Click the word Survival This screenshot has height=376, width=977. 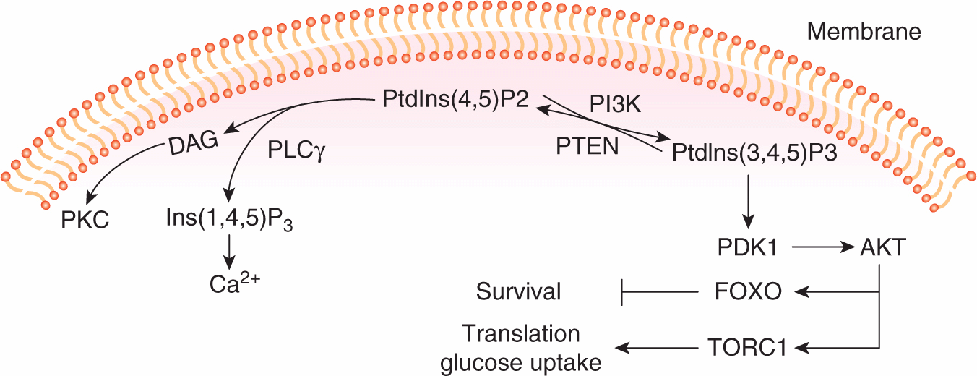coord(518,291)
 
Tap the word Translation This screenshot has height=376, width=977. coord(521,334)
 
